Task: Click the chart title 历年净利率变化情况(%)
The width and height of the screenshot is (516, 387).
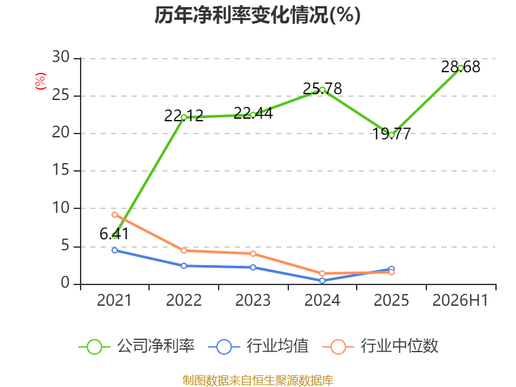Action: click(x=257, y=15)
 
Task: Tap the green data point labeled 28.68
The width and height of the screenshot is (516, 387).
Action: click(x=461, y=68)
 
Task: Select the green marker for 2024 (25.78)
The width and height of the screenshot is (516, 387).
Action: click(x=322, y=90)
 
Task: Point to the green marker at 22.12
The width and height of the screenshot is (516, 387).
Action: click(x=184, y=117)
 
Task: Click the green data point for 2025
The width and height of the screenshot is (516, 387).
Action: click(x=392, y=135)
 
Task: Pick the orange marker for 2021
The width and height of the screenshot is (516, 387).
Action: click(x=115, y=215)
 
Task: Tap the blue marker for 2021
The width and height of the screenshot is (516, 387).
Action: click(x=115, y=250)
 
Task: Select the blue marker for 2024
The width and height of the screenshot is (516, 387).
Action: click(x=322, y=281)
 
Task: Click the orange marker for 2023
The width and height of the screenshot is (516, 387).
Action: click(x=253, y=253)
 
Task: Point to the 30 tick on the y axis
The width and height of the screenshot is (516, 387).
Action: click(x=61, y=57)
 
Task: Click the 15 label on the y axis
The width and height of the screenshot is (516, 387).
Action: click(x=61, y=170)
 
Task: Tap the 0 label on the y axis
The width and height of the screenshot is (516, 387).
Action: click(x=65, y=283)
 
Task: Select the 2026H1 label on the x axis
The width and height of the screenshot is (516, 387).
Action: click(x=461, y=300)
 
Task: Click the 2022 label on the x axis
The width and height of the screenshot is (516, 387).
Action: click(x=184, y=300)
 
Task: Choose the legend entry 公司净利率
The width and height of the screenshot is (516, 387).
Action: click(x=137, y=346)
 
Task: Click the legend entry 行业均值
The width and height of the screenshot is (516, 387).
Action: click(x=259, y=346)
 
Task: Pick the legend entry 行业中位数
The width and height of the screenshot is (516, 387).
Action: click(x=380, y=346)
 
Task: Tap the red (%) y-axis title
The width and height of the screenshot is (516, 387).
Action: click(x=41, y=81)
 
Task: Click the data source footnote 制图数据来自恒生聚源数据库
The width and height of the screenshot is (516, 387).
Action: click(x=257, y=381)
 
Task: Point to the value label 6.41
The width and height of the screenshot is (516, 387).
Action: click(x=114, y=234)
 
